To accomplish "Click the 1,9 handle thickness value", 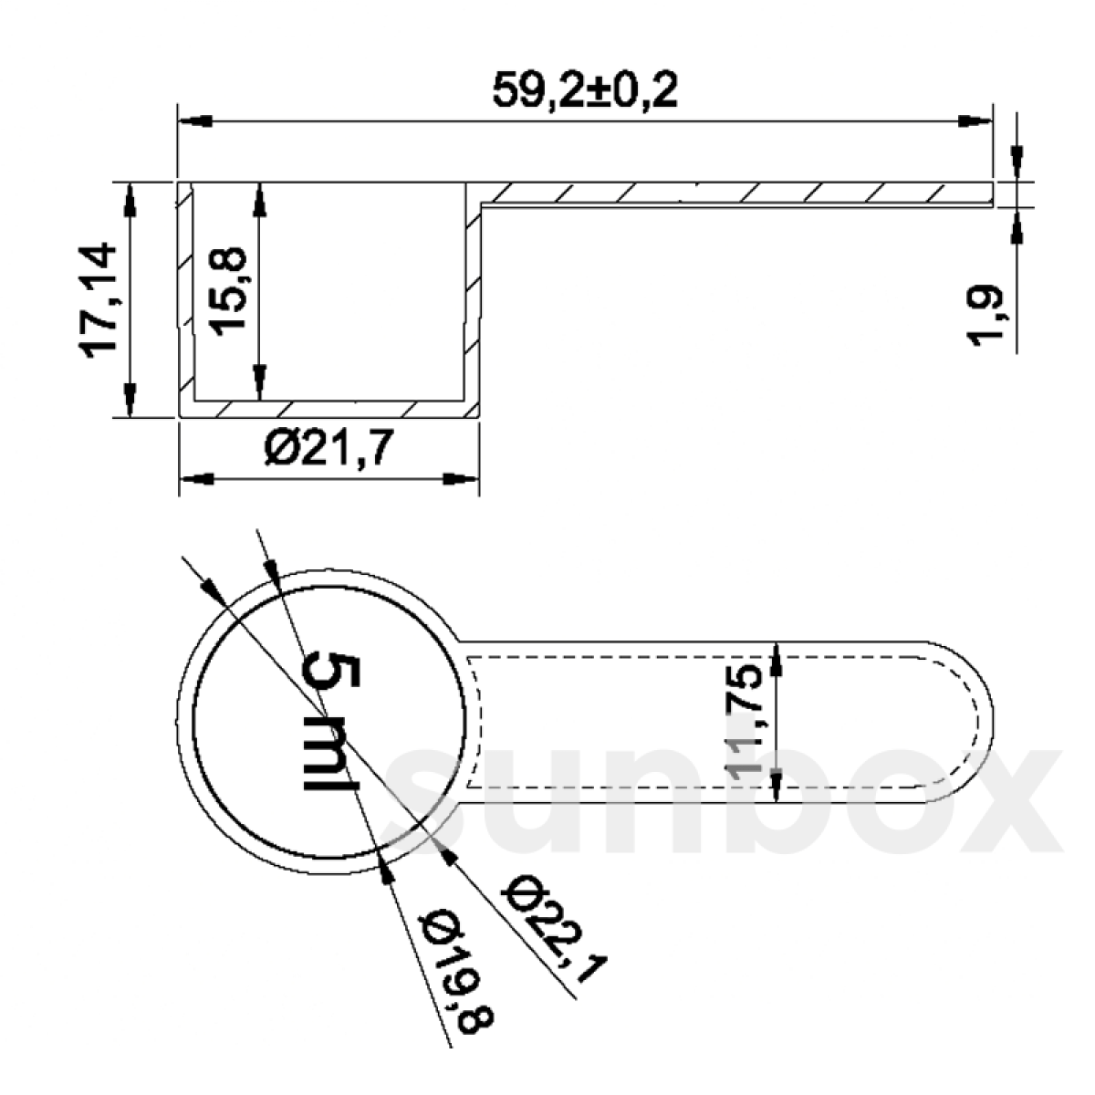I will click(x=986, y=316).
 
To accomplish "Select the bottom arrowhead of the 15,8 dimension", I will click(x=259, y=383).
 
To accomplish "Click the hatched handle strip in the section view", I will click(x=730, y=193).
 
